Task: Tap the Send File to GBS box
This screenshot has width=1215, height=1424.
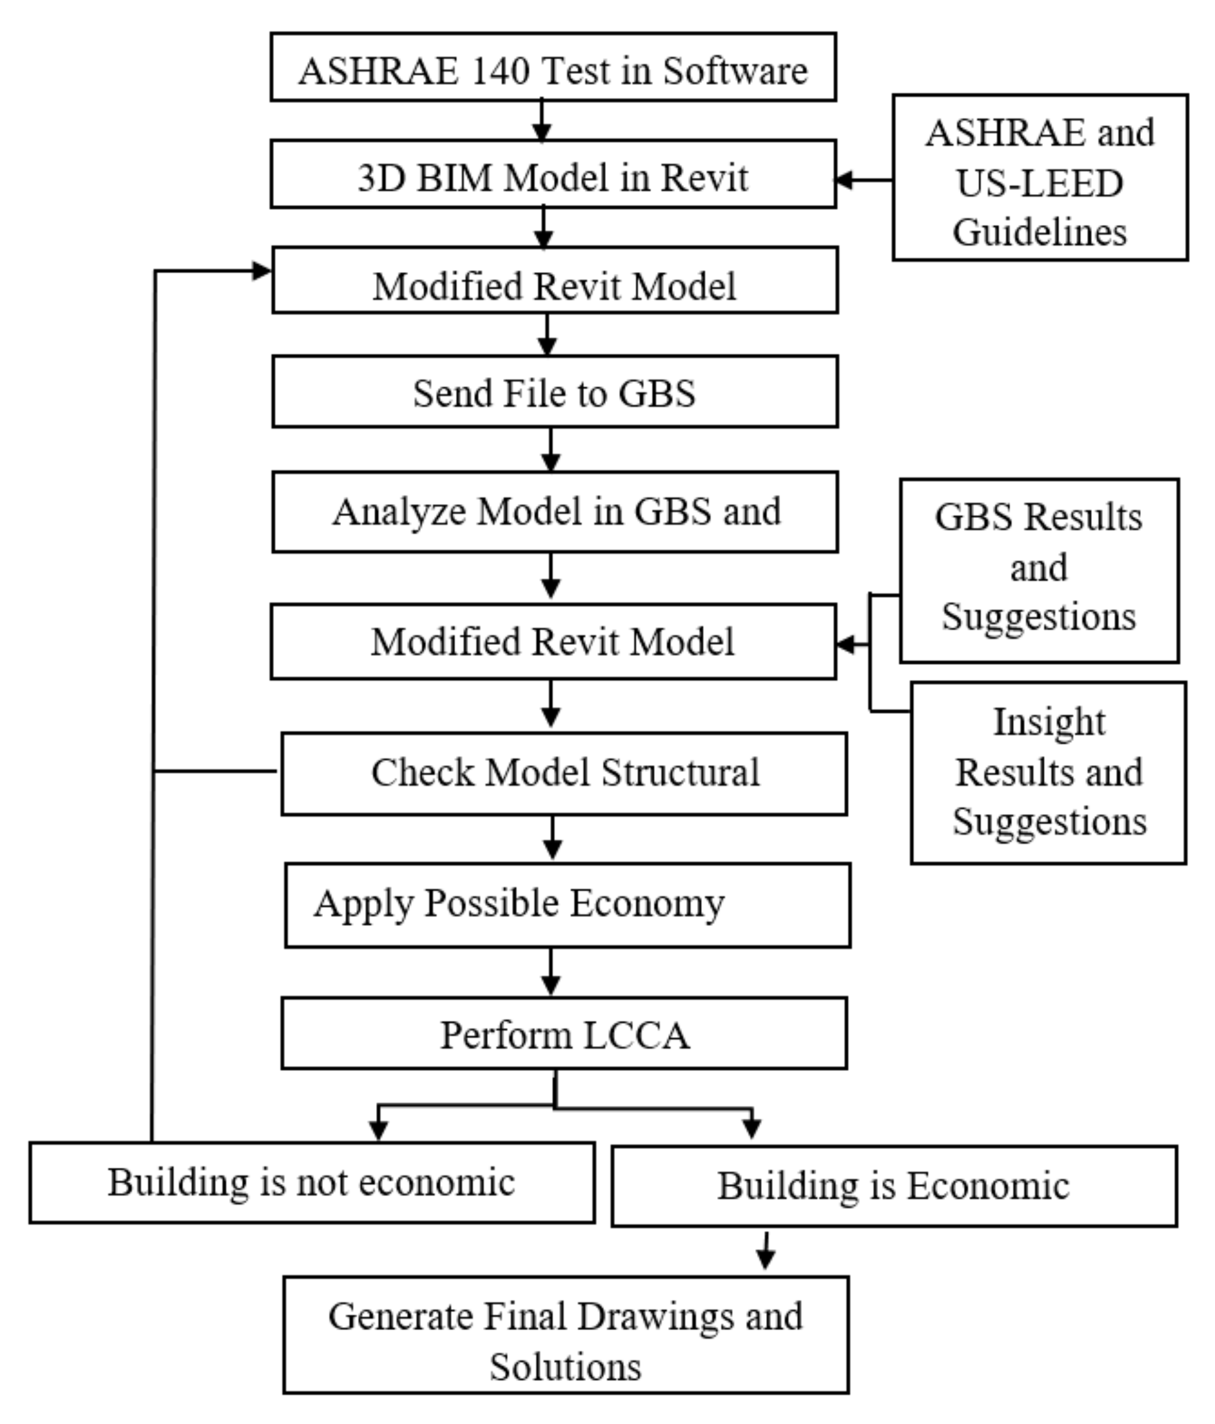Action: (x=554, y=393)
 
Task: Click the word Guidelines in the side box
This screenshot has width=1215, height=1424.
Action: (x=1039, y=232)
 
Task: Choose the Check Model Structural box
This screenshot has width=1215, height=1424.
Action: (x=563, y=773)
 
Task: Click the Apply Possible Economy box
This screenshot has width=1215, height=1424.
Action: (x=567, y=905)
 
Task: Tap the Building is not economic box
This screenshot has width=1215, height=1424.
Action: (x=311, y=1182)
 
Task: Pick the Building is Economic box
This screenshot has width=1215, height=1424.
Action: (x=893, y=1186)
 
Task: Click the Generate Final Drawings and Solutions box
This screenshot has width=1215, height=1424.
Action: (x=565, y=1340)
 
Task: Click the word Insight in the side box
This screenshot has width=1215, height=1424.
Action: (x=1049, y=722)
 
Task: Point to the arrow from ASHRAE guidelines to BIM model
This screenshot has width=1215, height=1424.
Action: (x=863, y=180)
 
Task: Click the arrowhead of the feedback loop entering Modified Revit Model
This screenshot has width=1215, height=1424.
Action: (x=262, y=272)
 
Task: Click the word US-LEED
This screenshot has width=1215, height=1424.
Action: (x=1039, y=184)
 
